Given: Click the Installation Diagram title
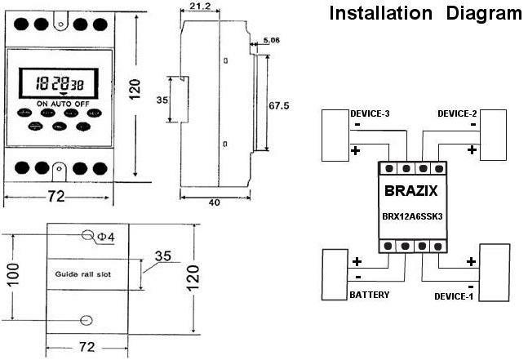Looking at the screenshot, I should tap(424, 14).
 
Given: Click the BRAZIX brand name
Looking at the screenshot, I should tap(409, 192).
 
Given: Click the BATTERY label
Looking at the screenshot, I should tap(369, 294).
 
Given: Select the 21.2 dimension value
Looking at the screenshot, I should tap(197, 7).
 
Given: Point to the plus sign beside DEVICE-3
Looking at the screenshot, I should tap(355, 151).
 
